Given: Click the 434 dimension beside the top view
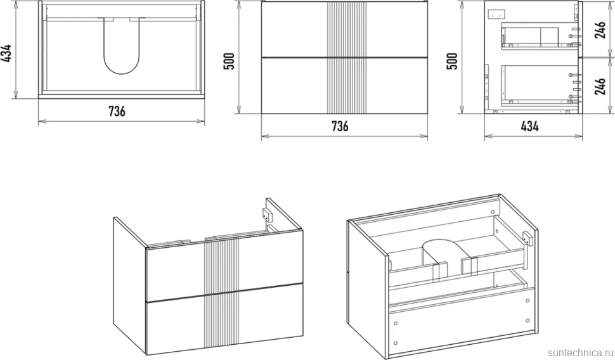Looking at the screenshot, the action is point(7,53).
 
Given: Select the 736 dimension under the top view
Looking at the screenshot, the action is point(117,112).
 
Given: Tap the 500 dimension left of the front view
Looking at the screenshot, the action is point(229,61).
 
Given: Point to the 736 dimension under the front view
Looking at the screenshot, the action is point(340,126).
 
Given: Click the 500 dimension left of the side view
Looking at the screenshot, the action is point(452,61).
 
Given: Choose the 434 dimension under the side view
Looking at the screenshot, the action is point(529,126).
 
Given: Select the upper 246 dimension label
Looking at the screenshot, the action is point(600,29).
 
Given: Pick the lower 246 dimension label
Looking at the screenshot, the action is point(600,86).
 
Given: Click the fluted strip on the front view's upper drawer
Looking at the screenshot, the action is point(347,30).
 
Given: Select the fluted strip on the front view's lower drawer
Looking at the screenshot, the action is point(347,86).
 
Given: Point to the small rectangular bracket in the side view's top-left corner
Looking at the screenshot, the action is point(496,15).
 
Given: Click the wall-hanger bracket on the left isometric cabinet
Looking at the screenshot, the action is point(266,215).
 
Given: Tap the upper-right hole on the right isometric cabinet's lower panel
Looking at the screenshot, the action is point(528,301).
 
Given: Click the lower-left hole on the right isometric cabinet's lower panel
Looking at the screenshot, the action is point(396,343).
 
